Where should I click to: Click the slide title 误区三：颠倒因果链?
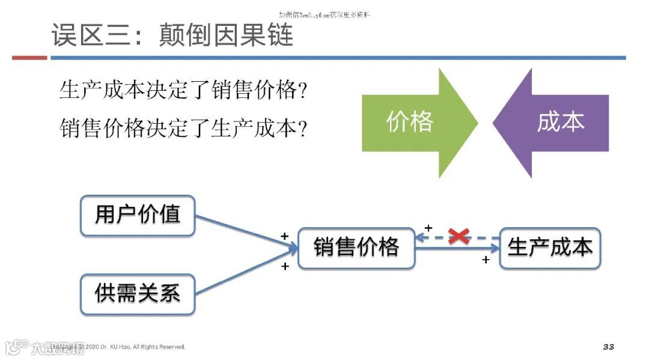coord(172,35)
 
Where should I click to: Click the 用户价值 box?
coord(138,215)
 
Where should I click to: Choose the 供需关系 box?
coord(138,293)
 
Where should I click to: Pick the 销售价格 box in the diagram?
coord(356,248)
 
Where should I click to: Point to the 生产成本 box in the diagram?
coord(550,248)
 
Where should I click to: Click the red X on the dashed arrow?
coord(459,236)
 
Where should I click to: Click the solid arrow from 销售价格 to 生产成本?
coord(457,248)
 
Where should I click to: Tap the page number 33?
coord(608,347)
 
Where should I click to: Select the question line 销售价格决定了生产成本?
coord(184,128)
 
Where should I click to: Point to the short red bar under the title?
coord(29,58)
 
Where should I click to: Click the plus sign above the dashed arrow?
coord(428,228)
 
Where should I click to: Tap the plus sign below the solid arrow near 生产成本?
coord(486,260)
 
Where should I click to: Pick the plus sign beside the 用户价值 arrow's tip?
coord(284,236)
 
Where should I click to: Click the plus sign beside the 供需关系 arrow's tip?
coord(285,266)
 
